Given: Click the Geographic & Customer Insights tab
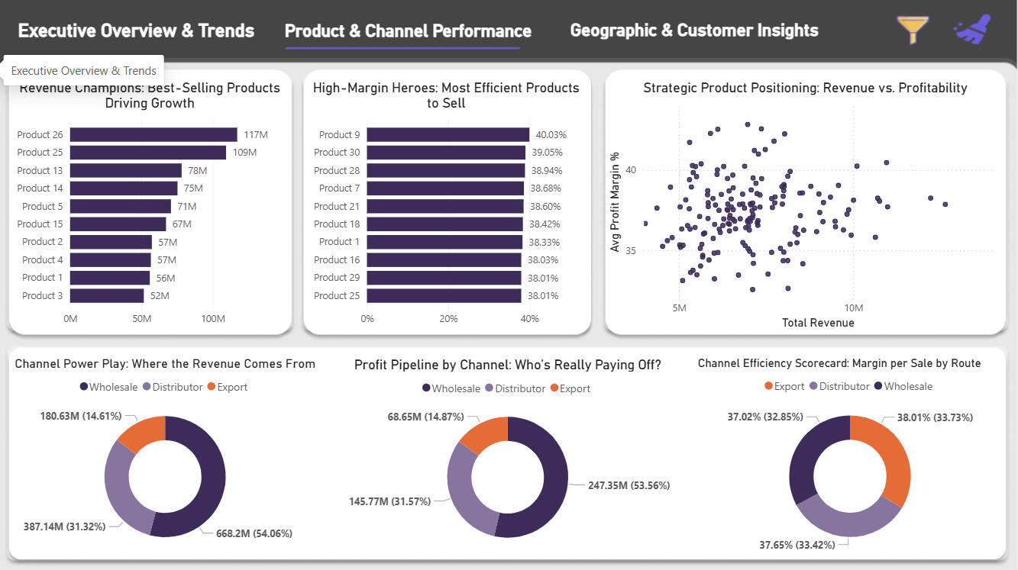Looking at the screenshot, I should coord(693,31).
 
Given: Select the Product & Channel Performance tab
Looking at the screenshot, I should coord(408,31).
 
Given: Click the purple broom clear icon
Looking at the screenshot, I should coord(972,29).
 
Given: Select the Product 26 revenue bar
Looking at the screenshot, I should coord(154,135).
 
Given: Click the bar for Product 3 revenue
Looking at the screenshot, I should coord(107,295).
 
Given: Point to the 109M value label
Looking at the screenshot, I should coord(244,153).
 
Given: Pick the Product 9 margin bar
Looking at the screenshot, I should coord(448,135).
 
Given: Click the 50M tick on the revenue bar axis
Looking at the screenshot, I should coord(142,318).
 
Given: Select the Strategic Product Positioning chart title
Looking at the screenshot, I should coord(805,88).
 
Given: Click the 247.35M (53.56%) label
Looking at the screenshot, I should coord(628,485).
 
